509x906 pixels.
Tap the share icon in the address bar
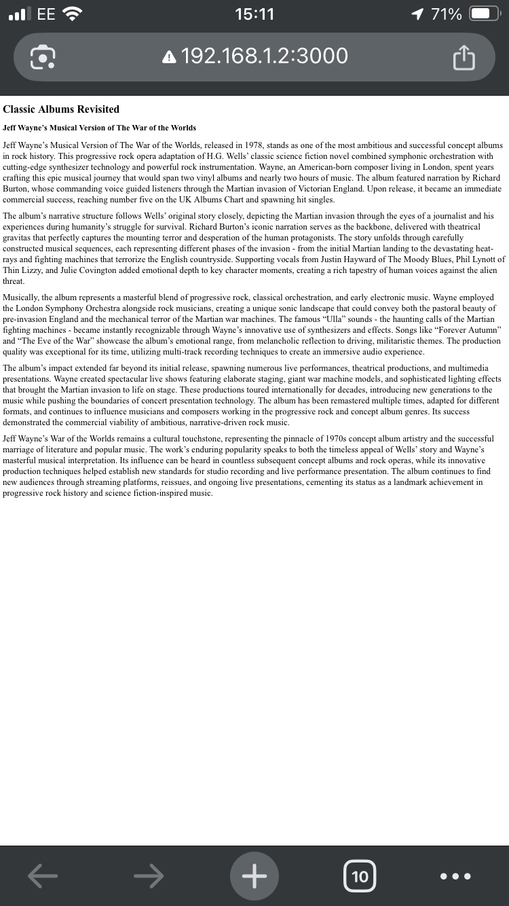(464, 58)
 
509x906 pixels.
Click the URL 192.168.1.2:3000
(265, 56)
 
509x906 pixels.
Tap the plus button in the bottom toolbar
(254, 876)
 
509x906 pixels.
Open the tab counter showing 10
(360, 876)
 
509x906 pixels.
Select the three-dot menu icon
(455, 876)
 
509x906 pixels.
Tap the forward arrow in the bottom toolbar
(149, 876)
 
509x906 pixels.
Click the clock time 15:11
(254, 14)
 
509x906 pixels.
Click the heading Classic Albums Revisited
(61, 109)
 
